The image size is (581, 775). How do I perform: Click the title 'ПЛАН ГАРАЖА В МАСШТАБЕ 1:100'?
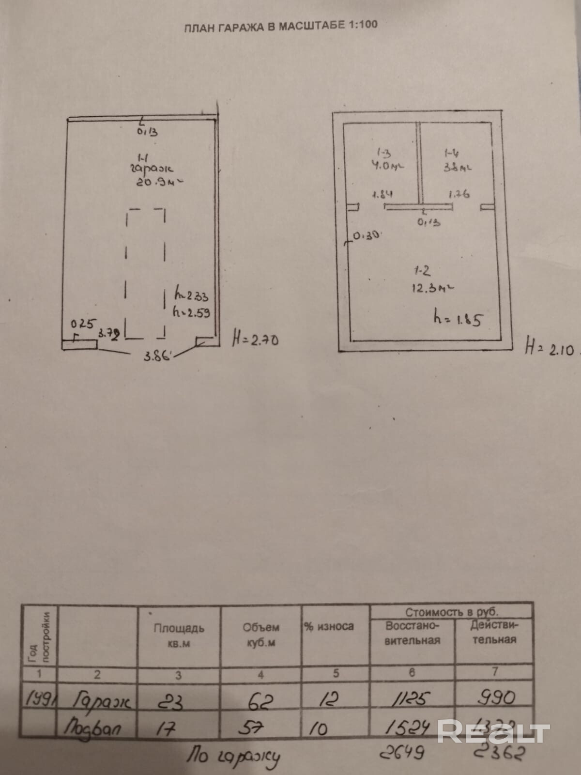point(280,26)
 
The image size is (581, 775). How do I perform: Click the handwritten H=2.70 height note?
point(256,340)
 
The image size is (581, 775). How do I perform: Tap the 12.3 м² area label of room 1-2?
point(432,288)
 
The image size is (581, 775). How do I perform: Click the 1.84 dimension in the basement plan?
point(382,195)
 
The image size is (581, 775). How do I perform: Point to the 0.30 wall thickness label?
point(367,236)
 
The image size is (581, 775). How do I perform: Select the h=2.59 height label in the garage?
point(192,313)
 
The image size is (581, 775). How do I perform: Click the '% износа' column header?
point(329,626)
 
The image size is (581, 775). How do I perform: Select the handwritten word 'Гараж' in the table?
point(102,701)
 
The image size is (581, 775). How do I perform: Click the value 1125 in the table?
point(412,699)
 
